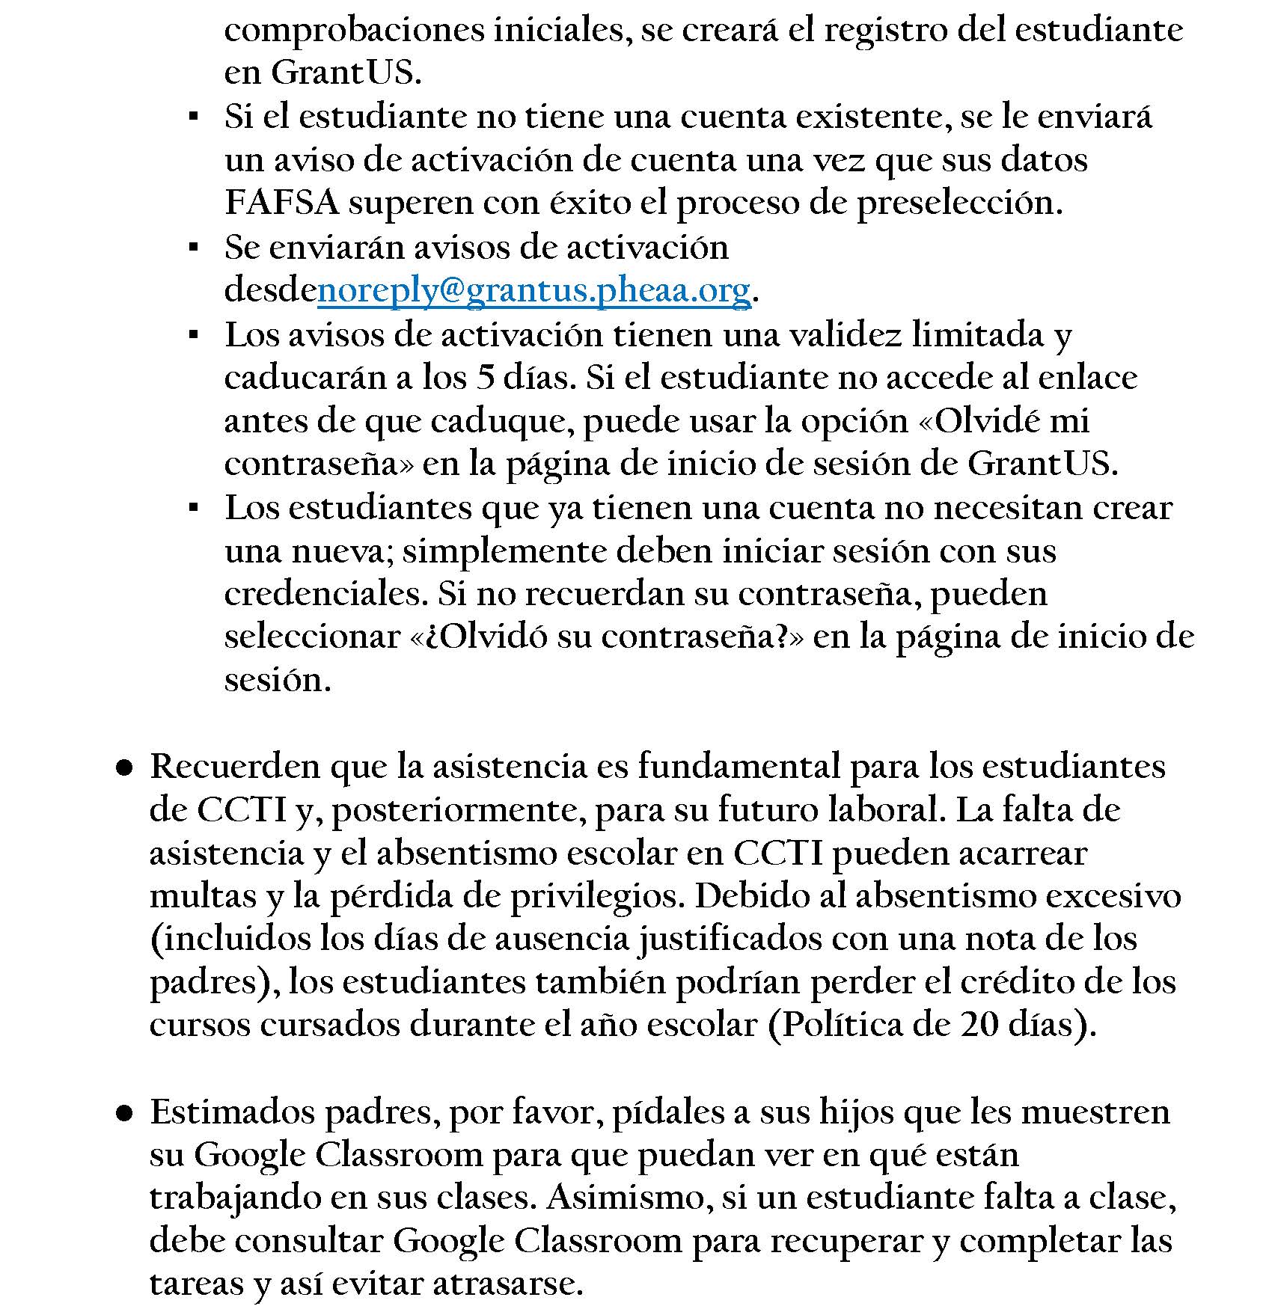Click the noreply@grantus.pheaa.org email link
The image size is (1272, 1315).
pos(533,290)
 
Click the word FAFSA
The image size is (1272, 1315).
pos(282,203)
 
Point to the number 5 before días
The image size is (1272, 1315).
pos(485,378)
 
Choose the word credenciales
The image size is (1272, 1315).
pos(325,594)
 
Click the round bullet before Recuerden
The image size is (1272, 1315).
pos(124,768)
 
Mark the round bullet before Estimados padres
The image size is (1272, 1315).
pos(124,1114)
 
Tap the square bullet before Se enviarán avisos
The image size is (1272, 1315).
pos(193,247)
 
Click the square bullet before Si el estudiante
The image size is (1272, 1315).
pos(193,117)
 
